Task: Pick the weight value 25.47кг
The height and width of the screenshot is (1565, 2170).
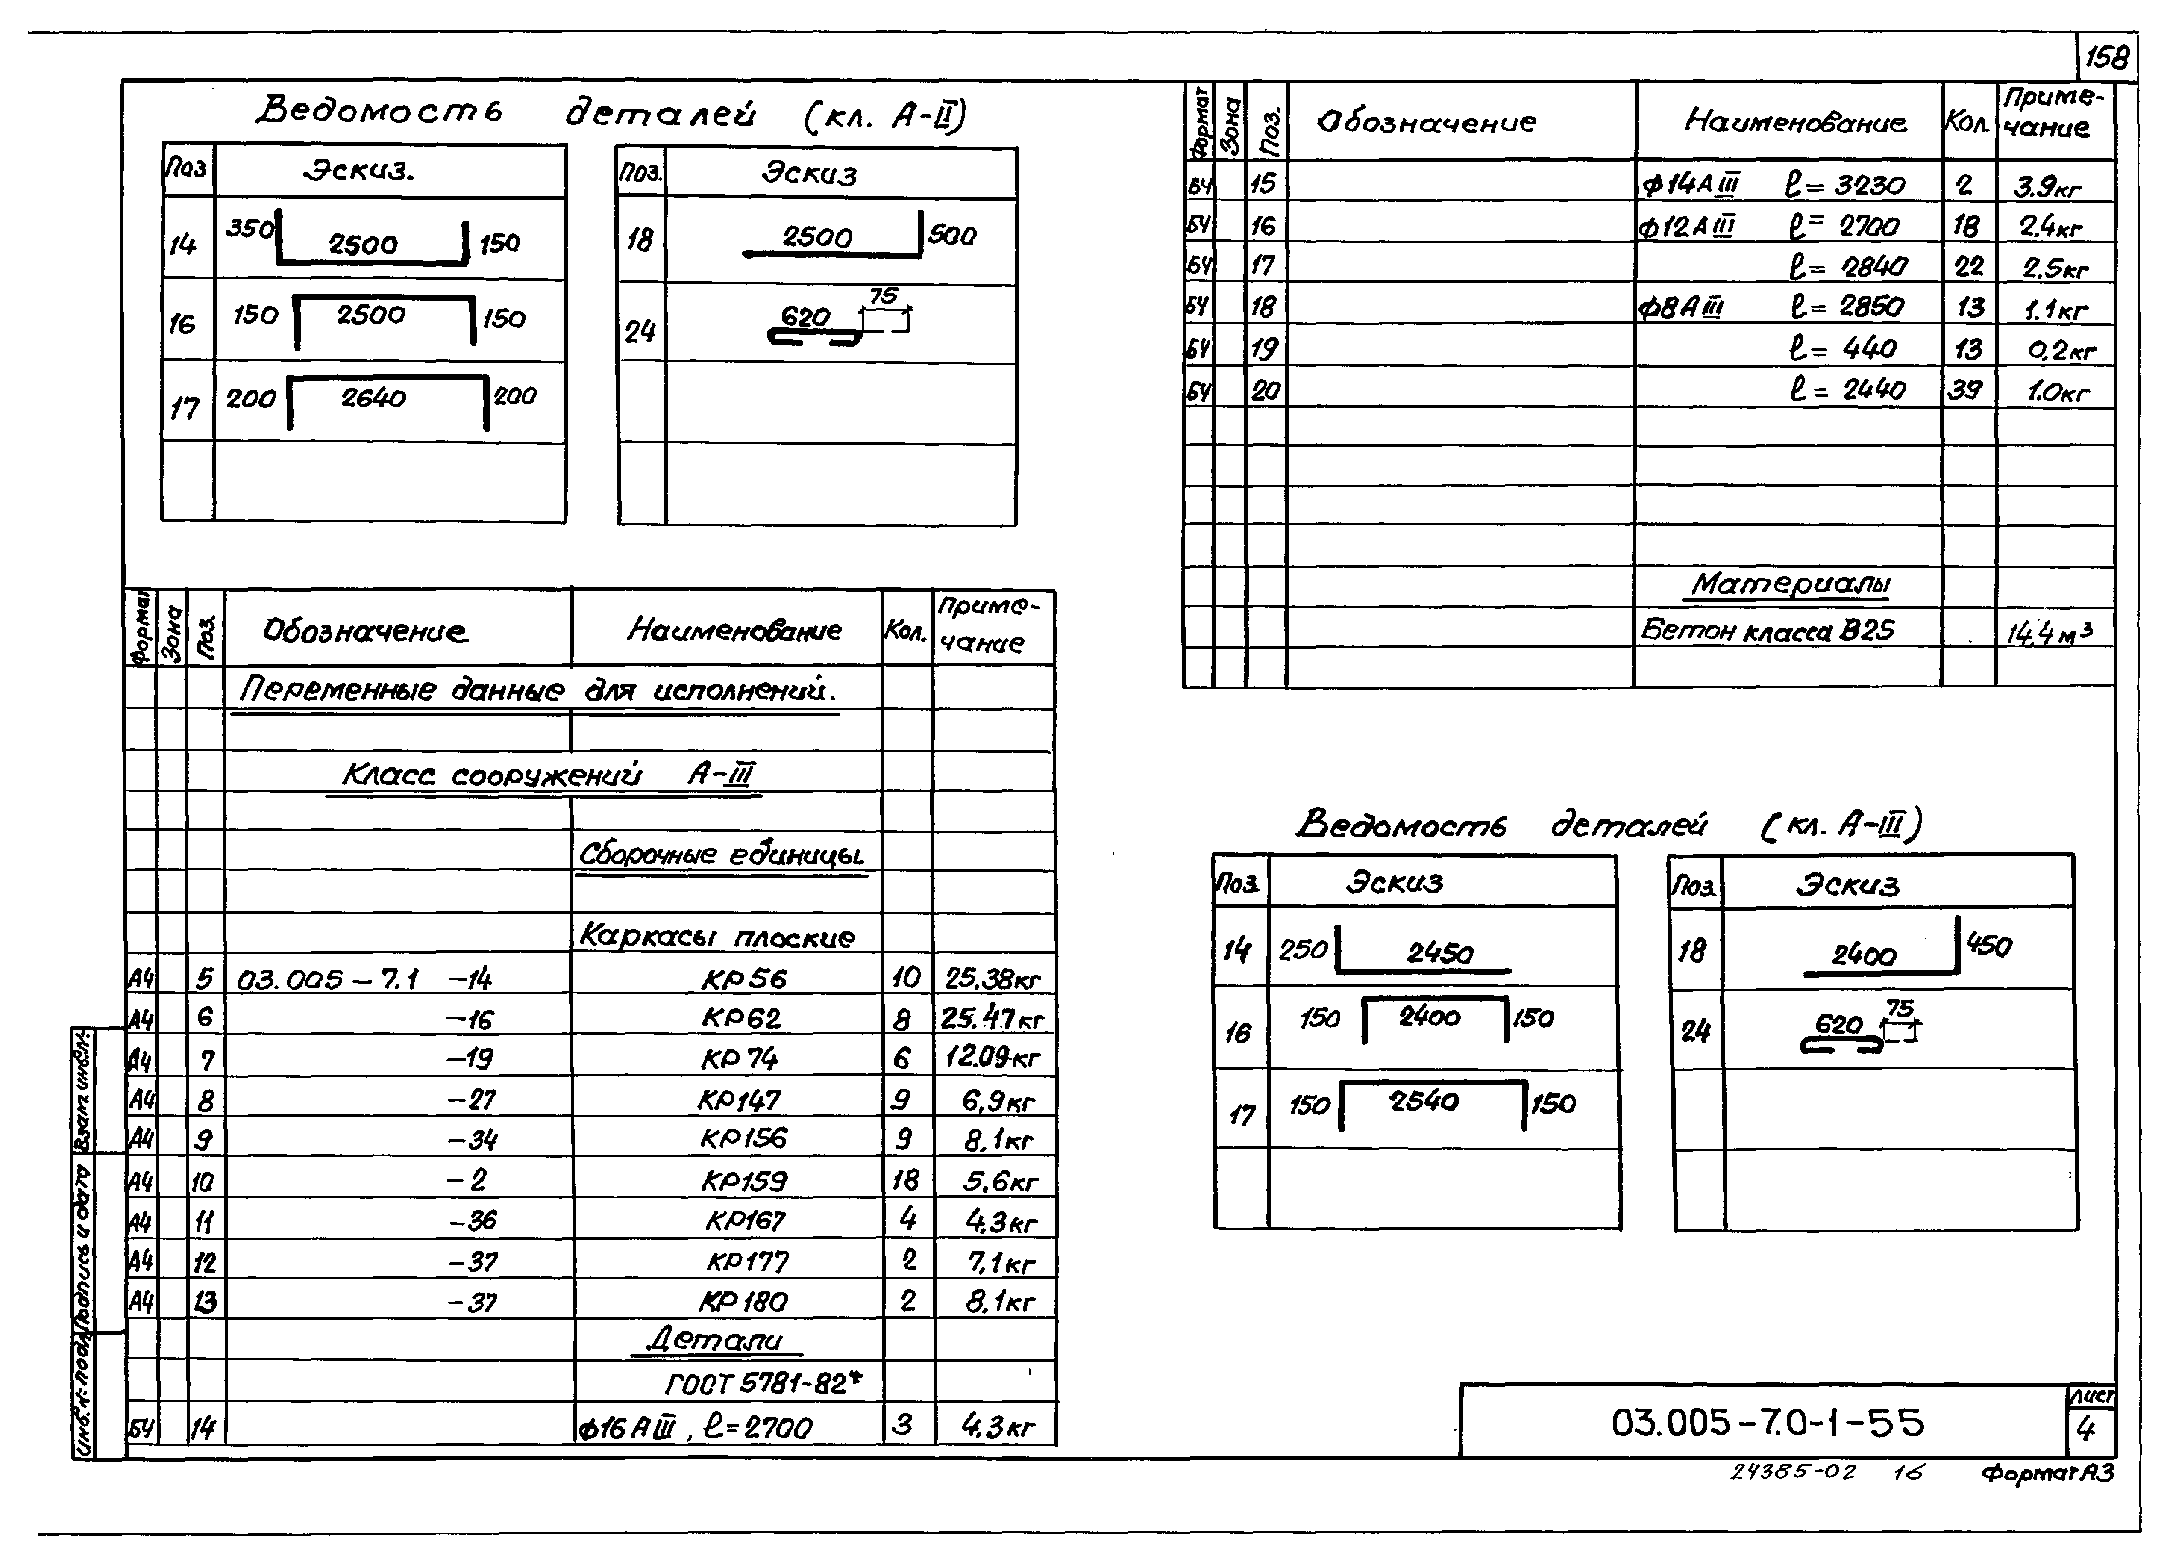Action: click(992, 1018)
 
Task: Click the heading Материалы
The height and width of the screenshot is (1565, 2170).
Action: click(1789, 584)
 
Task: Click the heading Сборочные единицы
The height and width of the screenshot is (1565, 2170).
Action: click(722, 855)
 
